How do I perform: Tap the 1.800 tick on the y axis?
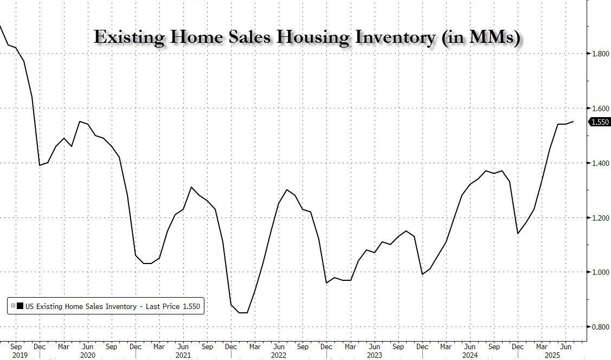coord(599,54)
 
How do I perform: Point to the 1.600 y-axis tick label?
coord(599,108)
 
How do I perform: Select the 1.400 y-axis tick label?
coord(599,163)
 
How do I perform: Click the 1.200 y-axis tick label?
coord(599,218)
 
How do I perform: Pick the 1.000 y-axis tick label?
coord(599,272)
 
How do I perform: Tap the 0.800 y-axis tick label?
coord(599,327)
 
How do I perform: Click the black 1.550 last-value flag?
coord(599,123)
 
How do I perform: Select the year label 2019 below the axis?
coord(16,355)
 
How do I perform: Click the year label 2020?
coord(87,355)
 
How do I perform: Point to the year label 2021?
coord(182,355)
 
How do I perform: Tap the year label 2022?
coord(278,355)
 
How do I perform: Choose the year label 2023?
coord(373,355)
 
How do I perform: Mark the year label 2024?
coord(468,355)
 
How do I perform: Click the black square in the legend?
coord(20,307)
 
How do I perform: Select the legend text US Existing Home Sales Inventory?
coord(81,307)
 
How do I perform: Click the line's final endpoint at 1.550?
coord(574,122)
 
